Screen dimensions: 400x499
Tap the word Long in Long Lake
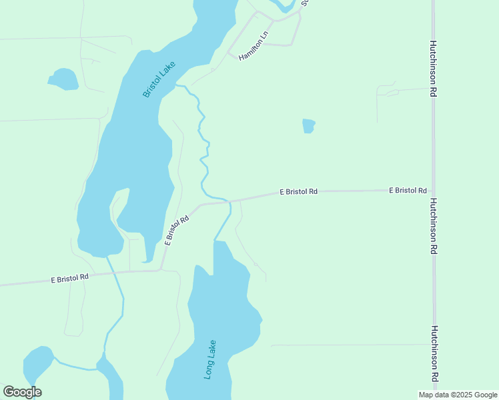click(x=208, y=369)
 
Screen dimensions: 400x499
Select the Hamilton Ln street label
click(x=253, y=47)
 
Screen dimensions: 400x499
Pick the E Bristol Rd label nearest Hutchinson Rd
click(x=408, y=191)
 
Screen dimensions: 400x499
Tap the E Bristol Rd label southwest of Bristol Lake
click(x=70, y=278)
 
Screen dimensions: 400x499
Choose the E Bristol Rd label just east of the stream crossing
click(x=298, y=192)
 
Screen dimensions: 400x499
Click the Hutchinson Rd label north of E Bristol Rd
click(x=433, y=70)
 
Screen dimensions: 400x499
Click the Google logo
click(x=22, y=392)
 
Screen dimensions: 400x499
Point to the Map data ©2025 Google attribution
click(x=458, y=395)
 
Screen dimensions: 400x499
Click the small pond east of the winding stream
click(x=308, y=125)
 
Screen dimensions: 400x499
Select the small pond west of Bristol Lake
click(x=64, y=79)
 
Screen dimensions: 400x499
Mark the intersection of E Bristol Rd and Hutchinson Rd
click(x=433, y=190)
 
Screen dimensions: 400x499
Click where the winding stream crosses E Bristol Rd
click(x=228, y=200)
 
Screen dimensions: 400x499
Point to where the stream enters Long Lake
click(x=214, y=241)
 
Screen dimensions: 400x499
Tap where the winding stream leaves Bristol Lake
click(x=177, y=85)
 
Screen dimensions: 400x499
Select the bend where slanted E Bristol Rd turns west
click(x=161, y=269)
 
